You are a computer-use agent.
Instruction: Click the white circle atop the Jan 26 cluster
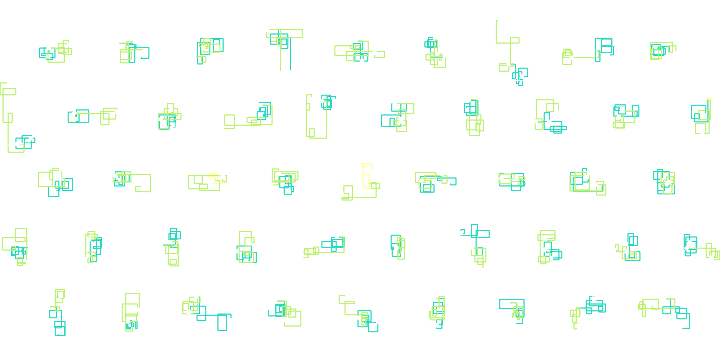coord(267,30)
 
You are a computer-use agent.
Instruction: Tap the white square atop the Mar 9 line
coord(500,19)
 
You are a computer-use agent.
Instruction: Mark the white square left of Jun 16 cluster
coord(222,128)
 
